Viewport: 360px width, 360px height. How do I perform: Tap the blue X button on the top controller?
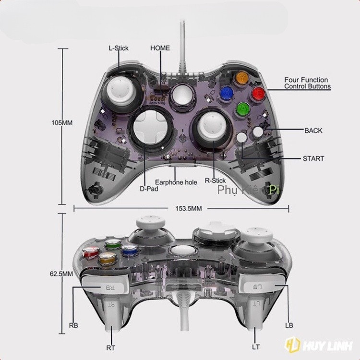click(227, 92)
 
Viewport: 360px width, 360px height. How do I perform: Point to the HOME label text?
click(160, 48)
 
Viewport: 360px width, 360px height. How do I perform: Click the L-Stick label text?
click(119, 48)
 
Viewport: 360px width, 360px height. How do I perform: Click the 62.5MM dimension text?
click(61, 274)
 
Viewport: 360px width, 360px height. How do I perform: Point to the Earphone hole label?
click(176, 182)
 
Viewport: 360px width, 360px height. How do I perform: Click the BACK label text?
click(313, 130)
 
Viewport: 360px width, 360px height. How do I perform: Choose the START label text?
click(313, 158)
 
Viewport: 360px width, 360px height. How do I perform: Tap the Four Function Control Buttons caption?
click(306, 83)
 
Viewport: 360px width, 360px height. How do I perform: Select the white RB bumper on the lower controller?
click(106, 287)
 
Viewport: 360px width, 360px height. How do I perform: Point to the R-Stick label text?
click(215, 180)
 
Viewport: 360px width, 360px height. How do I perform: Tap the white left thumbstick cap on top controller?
click(119, 89)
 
